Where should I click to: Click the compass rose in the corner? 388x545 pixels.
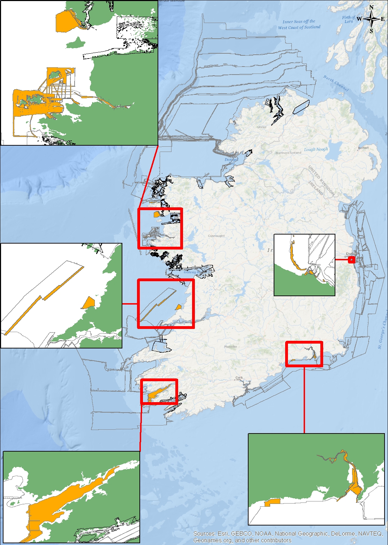(372, 19)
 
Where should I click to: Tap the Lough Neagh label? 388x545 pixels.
(316, 149)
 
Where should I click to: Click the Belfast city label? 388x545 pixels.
(363, 148)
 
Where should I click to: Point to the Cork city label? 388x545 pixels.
(239, 377)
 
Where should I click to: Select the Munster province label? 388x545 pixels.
(230, 346)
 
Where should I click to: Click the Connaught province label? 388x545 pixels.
(216, 236)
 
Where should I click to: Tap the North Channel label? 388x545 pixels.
(335, 83)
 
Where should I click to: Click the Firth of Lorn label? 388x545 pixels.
(349, 19)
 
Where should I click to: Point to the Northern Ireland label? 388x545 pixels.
(288, 153)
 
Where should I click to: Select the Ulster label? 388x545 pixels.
(262, 127)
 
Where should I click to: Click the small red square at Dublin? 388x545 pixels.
(351, 260)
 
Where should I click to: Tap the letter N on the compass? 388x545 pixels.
(372, 7)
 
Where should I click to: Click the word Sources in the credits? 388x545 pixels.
(204, 534)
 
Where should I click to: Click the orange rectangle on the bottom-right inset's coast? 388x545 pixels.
(272, 502)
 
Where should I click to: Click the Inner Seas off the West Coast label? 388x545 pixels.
(299, 24)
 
